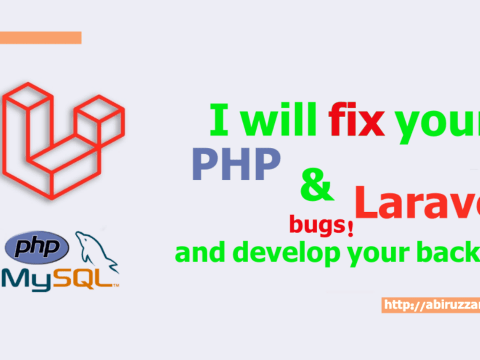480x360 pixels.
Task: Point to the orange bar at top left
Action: (x=40, y=37)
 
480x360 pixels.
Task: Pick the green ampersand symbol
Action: (x=316, y=185)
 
